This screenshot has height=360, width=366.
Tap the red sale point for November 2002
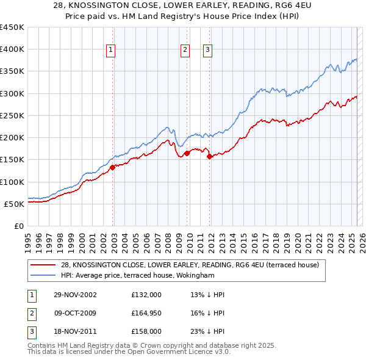point(113,167)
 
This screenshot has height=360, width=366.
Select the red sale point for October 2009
point(187,153)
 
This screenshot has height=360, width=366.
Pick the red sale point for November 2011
point(210,156)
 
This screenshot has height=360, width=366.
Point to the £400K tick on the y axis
point(12,49)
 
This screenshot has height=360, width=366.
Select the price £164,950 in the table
point(146,314)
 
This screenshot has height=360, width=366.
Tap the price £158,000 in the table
point(146,333)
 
